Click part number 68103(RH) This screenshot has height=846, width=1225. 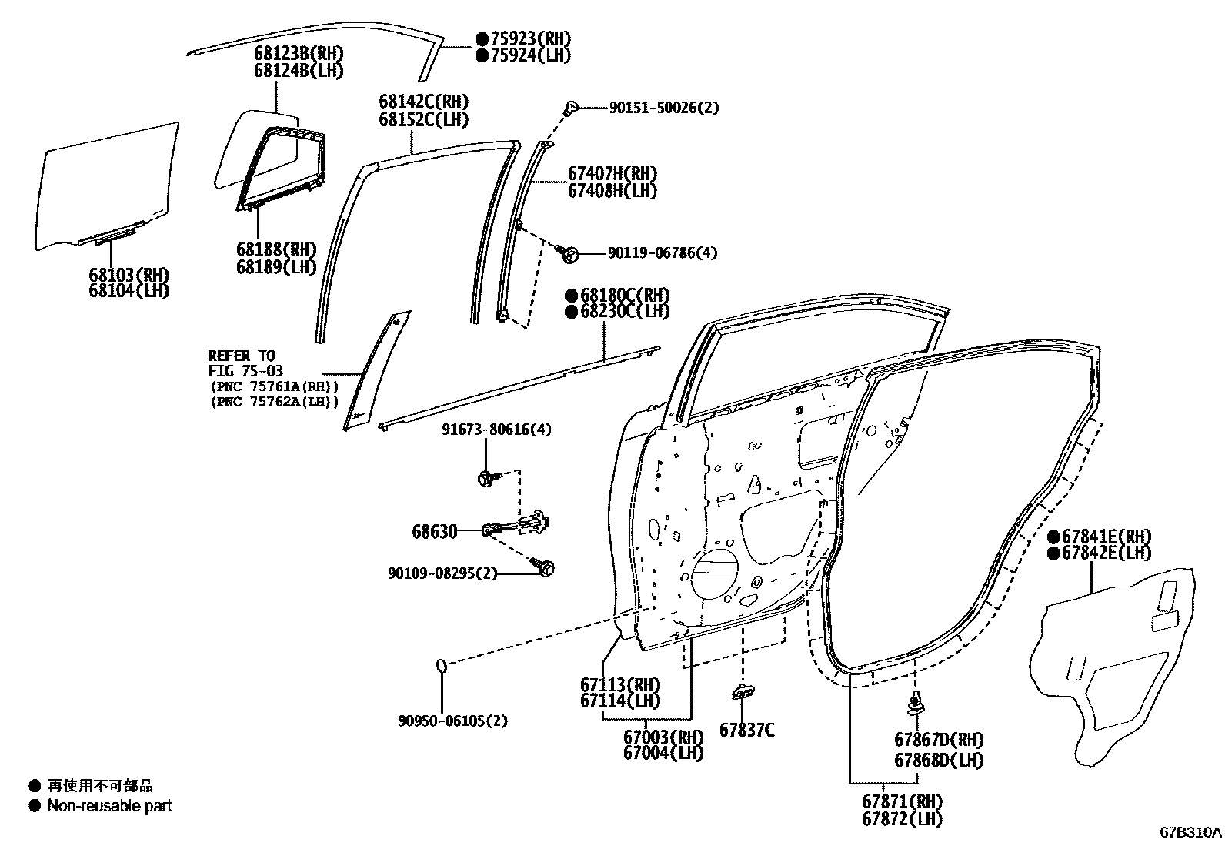[129, 275]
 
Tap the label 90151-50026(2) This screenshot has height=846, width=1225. [663, 109]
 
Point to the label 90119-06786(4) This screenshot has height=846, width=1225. [662, 252]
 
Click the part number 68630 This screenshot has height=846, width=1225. [434, 532]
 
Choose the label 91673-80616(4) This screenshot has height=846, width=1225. [496, 430]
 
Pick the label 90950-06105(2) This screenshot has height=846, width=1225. [452, 721]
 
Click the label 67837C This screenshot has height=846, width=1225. [746, 729]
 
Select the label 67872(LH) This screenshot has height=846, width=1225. [902, 820]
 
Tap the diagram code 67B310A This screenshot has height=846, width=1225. [1190, 833]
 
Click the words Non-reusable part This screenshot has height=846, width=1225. [109, 806]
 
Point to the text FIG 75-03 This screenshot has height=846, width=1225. [245, 371]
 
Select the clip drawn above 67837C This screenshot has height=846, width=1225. [743, 692]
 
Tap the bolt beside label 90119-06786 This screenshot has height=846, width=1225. [569, 252]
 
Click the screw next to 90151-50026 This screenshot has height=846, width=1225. [572, 107]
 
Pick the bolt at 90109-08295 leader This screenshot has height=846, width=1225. [546, 569]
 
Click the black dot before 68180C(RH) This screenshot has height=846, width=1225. [571, 296]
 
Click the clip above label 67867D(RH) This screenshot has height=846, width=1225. [916, 703]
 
